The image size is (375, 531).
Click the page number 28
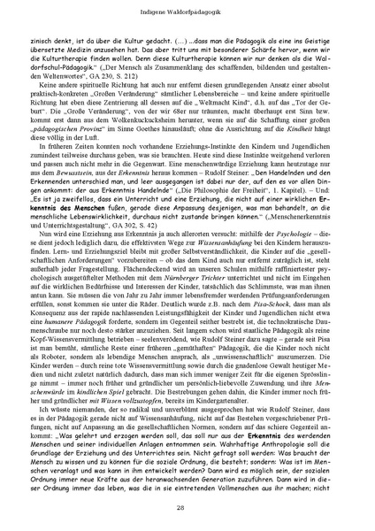tap(187, 506)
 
